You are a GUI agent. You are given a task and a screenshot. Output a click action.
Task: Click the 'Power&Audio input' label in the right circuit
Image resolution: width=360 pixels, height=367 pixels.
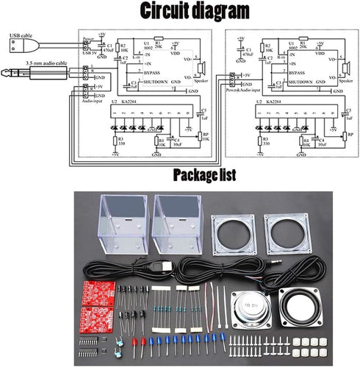click(x=242, y=81)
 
